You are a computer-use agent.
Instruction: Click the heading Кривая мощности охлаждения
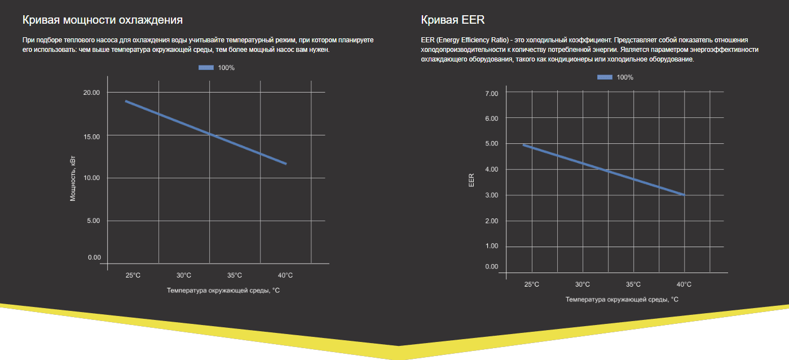point(102,20)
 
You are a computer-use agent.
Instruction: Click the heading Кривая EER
point(452,20)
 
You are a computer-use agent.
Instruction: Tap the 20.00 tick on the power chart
point(91,93)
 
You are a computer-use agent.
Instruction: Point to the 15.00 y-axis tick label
point(91,137)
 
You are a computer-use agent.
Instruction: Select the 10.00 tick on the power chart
point(91,178)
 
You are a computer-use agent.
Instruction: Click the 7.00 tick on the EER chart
point(492,93)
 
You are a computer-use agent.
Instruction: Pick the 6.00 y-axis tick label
point(492,118)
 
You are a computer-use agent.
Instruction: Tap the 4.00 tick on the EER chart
point(492,169)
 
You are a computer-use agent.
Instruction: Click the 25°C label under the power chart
point(133,275)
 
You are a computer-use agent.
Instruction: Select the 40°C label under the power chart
point(285,275)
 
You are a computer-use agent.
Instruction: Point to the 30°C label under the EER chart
point(583,284)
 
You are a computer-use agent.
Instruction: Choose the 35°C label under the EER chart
point(633,284)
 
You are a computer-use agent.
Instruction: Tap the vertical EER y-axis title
point(471,181)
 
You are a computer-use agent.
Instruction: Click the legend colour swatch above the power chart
point(206,68)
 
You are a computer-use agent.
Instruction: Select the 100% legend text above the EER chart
point(625,77)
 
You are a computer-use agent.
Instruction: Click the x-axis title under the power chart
point(223,291)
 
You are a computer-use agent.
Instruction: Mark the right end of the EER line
point(684,195)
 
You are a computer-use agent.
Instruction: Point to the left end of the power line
point(126,101)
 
